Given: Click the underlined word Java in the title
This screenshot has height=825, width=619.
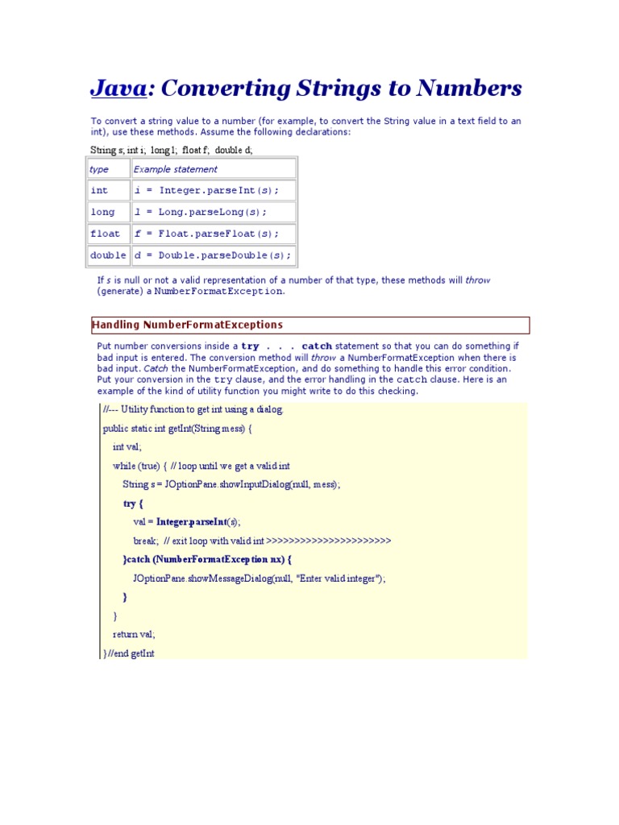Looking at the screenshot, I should pos(118,88).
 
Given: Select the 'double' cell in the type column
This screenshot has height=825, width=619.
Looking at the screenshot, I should pos(108,256).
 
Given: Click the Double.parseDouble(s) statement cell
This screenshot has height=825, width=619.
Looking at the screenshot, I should pos(212,256).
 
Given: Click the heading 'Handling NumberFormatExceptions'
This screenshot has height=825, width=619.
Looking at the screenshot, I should pos(188,325).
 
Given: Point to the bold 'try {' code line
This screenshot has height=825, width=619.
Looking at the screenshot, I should pos(133,504).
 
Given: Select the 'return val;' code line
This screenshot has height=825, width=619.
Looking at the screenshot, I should pos(134,634).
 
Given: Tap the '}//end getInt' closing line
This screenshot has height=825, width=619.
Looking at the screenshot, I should pos(129,653).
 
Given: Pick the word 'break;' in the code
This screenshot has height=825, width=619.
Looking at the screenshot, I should pos(146,541).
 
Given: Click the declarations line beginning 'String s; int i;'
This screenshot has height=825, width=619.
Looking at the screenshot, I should pos(172,150).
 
